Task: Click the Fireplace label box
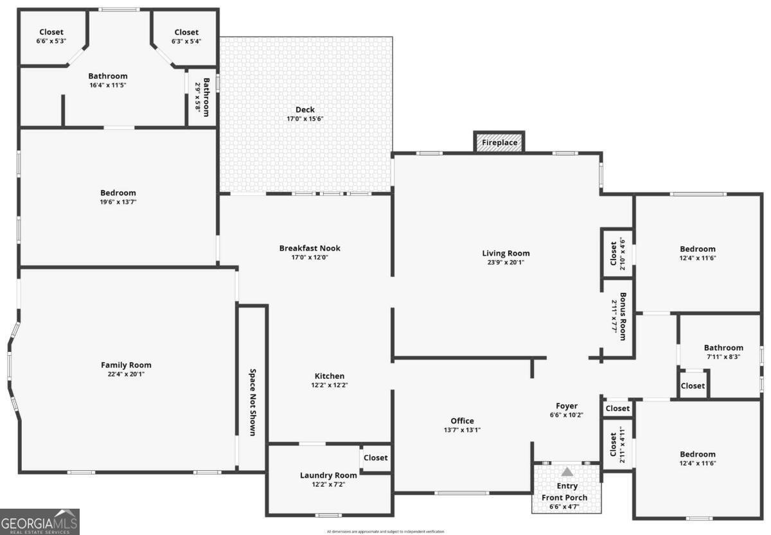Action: pos(499,143)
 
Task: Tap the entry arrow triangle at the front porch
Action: pos(567,472)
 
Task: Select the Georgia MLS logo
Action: pos(39,522)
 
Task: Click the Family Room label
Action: pos(126,365)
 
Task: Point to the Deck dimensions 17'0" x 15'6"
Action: pos(305,119)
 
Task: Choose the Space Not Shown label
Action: pos(253,402)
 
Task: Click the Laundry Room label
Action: pos(328,475)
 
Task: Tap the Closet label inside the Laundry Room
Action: pos(376,458)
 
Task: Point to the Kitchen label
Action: pos(329,376)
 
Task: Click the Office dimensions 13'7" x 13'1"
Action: pos(462,430)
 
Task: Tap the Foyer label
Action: pos(567,406)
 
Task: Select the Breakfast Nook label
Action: pos(310,248)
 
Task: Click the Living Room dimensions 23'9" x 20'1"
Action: pos(506,262)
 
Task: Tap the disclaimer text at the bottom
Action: pos(385,532)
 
